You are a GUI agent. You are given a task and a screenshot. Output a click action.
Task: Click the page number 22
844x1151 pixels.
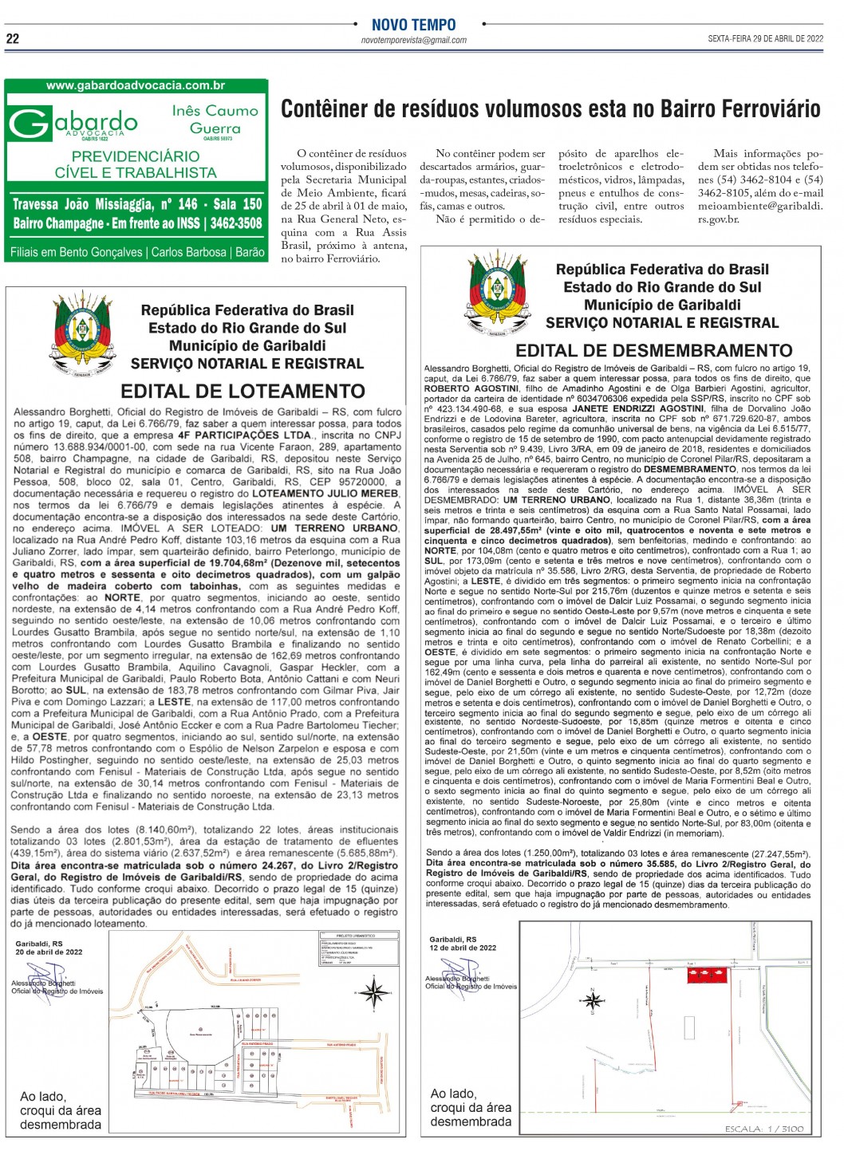click(x=13, y=38)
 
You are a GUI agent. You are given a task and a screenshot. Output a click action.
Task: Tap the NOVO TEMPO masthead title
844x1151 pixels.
click(x=413, y=25)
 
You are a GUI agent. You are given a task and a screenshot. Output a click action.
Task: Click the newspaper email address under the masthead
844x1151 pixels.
click(x=413, y=40)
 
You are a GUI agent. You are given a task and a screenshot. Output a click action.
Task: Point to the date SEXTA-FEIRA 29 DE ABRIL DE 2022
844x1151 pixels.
click(x=765, y=38)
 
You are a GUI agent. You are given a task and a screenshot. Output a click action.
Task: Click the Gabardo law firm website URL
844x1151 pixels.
click(x=136, y=86)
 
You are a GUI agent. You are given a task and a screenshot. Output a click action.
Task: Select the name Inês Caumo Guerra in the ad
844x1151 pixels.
click(x=215, y=120)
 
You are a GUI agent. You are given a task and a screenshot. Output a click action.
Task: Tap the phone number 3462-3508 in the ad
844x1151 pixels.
click(x=236, y=223)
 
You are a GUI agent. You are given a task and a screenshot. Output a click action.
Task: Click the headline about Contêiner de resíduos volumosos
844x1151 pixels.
click(x=550, y=108)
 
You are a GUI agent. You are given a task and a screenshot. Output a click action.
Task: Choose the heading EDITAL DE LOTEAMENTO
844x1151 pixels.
click(x=243, y=391)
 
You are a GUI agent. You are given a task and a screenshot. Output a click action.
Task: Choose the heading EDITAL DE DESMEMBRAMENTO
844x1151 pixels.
click(x=653, y=350)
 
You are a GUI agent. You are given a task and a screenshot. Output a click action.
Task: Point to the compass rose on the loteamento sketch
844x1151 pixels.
click(x=373, y=992)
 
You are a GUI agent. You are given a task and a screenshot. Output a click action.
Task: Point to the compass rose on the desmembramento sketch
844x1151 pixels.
click(x=593, y=999)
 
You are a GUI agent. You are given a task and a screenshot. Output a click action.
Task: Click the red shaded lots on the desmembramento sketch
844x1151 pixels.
click(x=708, y=974)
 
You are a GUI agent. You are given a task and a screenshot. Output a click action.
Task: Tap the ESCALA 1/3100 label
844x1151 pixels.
click(x=763, y=1129)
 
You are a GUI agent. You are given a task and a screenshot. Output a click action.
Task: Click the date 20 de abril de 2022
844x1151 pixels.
click(x=49, y=952)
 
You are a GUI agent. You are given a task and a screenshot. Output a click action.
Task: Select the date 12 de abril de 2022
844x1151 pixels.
click(x=463, y=948)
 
